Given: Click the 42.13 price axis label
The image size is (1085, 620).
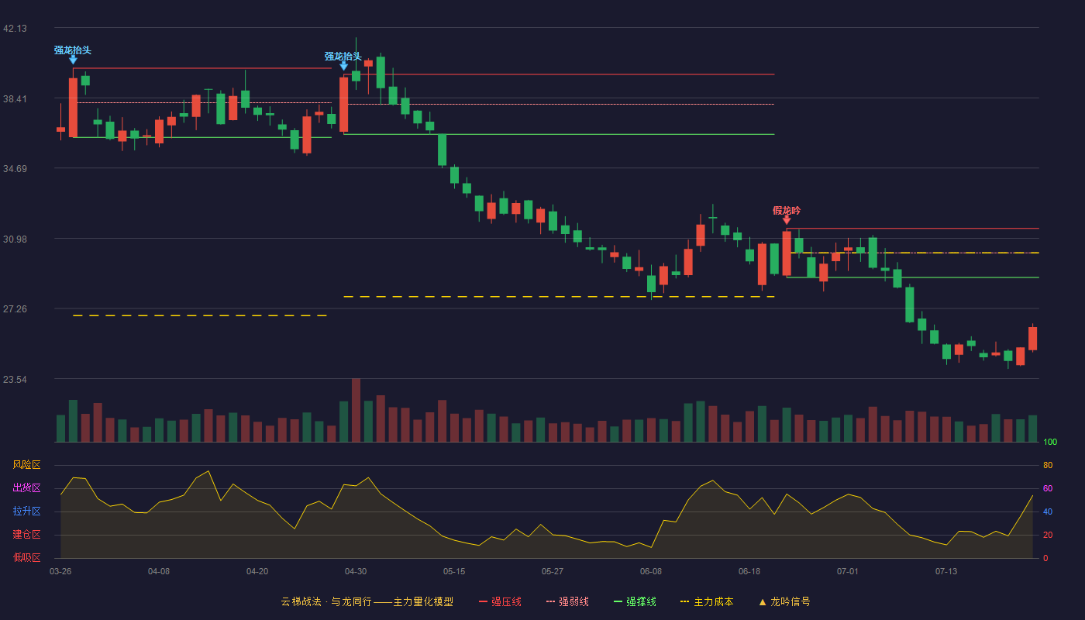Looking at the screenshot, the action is point(15,29).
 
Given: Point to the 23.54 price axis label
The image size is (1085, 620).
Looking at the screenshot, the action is point(15,379).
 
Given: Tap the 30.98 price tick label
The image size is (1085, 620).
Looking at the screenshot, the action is point(15,239).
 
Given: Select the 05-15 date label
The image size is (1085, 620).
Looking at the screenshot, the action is point(454,572).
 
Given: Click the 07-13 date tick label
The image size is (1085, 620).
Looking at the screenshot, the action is point(946,572).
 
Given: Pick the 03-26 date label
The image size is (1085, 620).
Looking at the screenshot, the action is point(60,572).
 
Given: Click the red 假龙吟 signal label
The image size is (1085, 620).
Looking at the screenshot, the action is point(787,211).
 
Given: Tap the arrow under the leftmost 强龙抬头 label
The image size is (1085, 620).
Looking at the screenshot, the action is point(73,60).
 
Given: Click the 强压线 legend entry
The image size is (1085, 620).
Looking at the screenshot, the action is point(500,601).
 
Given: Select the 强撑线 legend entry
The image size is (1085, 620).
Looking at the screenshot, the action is point(635,601).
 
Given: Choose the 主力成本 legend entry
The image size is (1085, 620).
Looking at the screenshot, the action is point(707,601).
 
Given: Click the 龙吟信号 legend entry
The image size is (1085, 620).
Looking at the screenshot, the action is point(784,601).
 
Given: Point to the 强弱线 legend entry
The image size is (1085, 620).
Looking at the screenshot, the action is point(567,601).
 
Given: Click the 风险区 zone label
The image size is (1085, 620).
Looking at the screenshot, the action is point(26,465).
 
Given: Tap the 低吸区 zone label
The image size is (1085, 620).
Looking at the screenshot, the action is point(26,558).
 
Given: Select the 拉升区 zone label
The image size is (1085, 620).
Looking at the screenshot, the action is point(26,511).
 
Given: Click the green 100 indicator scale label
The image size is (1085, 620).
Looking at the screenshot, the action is point(1050,442).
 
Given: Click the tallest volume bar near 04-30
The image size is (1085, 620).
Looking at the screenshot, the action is point(356,410).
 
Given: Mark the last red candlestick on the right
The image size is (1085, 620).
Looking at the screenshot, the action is point(1032,338).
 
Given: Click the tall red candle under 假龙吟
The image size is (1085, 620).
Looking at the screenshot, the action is point(787,253).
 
